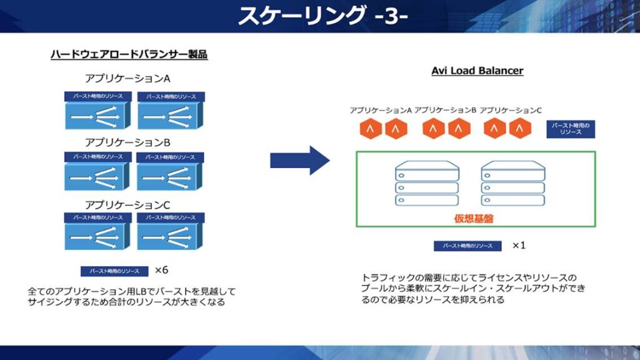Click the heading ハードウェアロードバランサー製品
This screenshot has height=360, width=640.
coord(129,55)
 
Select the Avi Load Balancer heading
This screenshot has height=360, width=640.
coord(477,71)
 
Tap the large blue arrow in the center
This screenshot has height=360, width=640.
coord(299,161)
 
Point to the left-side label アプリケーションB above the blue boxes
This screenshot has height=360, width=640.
coord(127,142)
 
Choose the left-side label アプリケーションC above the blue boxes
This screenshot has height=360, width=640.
coord(127,204)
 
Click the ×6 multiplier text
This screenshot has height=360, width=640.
coord(161,270)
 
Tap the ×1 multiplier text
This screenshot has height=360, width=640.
coord(519,245)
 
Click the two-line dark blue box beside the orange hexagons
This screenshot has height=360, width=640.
coord(572,129)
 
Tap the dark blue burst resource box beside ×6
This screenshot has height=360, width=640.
coord(114,271)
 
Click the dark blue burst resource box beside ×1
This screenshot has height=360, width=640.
coord(467,246)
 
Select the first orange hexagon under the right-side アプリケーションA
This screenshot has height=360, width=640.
coord(371,129)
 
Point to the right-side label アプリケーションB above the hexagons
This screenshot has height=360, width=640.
coord(446,110)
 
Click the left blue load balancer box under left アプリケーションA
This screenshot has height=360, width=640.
coord(97,116)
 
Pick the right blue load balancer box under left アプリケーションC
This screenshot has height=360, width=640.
coord(170,236)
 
